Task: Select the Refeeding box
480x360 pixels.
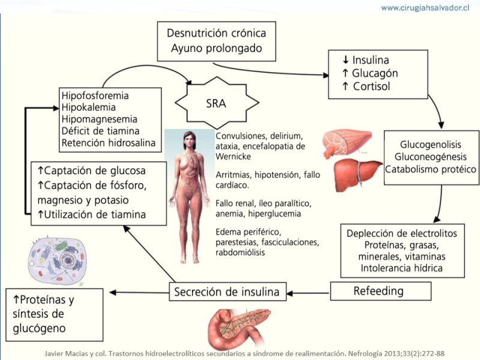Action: coord(381,291)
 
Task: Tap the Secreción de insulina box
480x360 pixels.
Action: coord(227,292)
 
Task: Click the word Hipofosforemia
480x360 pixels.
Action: coord(95,95)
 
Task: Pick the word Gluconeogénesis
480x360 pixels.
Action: coord(431,157)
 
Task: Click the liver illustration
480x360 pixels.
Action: coord(358,173)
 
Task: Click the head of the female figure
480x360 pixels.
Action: coord(189,139)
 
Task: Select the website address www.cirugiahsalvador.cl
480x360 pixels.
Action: coord(424,8)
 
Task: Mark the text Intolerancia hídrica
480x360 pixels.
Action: coord(402,268)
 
